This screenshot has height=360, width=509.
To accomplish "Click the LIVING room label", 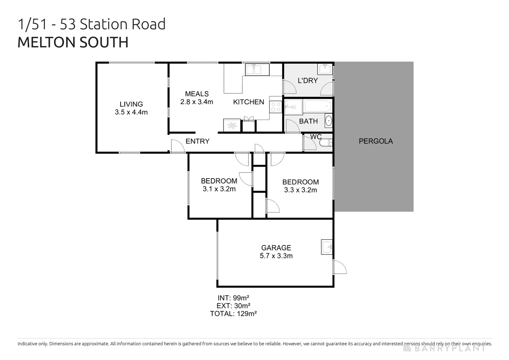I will (x=131, y=104).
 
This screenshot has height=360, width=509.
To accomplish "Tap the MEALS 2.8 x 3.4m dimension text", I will (x=197, y=102).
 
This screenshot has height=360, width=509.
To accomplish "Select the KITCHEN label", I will (x=249, y=102).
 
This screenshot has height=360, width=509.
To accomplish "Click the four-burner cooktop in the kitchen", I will (x=276, y=107).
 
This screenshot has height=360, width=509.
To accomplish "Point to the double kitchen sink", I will (x=257, y=70).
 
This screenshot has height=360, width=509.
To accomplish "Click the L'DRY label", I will (x=307, y=80).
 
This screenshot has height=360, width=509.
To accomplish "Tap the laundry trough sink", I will (x=325, y=69).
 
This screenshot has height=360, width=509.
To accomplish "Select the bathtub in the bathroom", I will (x=318, y=106).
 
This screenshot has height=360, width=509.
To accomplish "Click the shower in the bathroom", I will (x=293, y=107).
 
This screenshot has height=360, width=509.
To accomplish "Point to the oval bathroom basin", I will (x=328, y=121).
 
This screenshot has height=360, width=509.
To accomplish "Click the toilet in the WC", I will (x=325, y=143).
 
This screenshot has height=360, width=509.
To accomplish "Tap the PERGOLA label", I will (x=376, y=141).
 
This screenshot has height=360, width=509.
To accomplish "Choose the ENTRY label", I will (x=197, y=141).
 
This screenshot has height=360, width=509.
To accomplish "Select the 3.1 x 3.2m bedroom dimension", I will (x=219, y=189).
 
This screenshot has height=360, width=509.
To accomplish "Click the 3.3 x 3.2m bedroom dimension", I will (x=300, y=190).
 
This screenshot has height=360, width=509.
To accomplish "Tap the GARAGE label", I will (x=276, y=248).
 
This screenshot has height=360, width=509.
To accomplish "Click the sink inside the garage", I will (x=327, y=247).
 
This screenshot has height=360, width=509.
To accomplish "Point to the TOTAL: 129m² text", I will (x=233, y=314).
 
